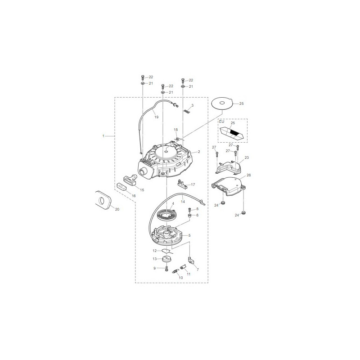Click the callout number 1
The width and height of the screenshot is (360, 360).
[103, 136]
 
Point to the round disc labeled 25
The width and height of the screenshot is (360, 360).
[222, 103]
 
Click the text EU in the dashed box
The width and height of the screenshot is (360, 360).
[221, 121]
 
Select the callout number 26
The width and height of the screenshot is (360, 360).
[248, 175]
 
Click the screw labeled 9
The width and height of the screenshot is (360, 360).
[166, 268]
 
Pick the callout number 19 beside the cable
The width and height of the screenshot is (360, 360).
[156, 117]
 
